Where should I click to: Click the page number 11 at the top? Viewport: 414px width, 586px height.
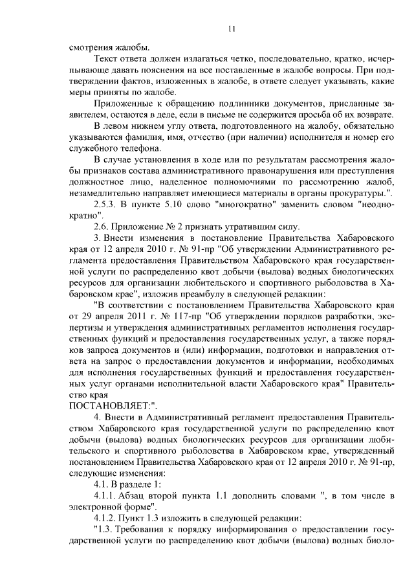pos(231,28)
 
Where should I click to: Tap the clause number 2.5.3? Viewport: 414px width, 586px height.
pos(106,205)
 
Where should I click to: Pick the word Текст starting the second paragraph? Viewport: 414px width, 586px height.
pos(106,59)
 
